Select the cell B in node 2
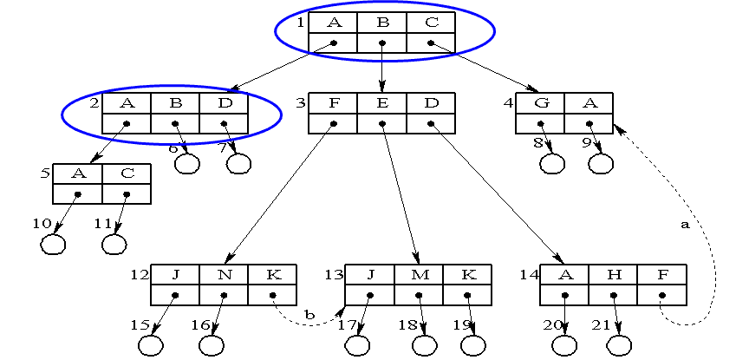coord(175,103)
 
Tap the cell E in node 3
coord(382,103)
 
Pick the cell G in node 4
coord(540,103)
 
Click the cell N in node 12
coord(224,274)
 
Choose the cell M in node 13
coord(419,274)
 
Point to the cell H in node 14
coord(614,274)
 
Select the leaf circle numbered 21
coord(617,344)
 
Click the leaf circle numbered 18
coord(423,344)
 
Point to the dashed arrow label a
coord(685,224)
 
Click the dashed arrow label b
coord(308,313)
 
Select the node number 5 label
coord(45,173)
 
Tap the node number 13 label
coord(334,274)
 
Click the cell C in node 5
coord(127,173)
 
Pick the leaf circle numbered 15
coord(150,344)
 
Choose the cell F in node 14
coord(662,274)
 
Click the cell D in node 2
coord(224,103)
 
